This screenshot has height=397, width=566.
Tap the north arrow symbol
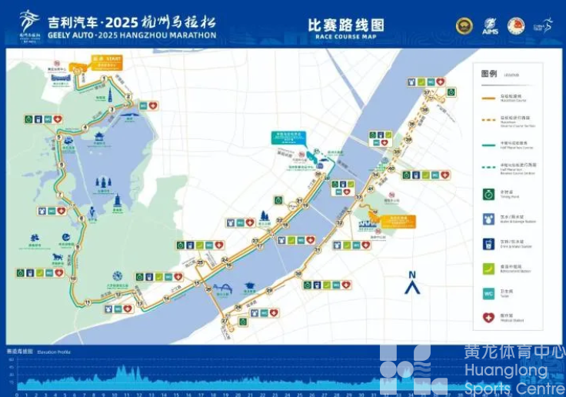[412, 285]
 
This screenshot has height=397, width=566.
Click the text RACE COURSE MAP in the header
[345, 36]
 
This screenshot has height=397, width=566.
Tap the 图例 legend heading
[489, 74]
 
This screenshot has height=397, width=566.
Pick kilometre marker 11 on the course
[87, 302]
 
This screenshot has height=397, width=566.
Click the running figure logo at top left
[29, 23]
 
